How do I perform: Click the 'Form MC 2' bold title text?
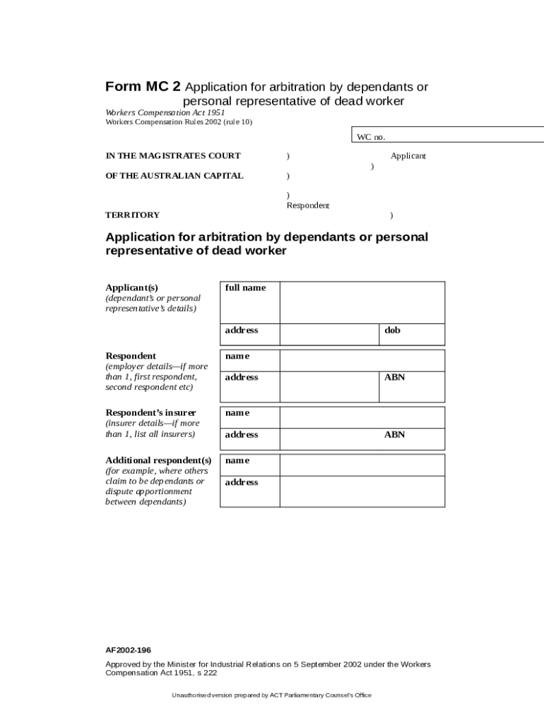(143, 87)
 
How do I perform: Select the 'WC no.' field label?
(371, 137)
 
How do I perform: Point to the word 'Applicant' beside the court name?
(408, 156)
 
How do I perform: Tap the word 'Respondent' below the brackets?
(307, 205)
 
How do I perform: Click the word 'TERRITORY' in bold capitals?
(132, 215)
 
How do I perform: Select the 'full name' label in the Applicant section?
(245, 288)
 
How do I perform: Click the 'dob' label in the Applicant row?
(392, 330)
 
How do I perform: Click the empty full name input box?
(362, 302)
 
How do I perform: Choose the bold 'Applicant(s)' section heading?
(131, 287)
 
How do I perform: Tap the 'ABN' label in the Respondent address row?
(394, 377)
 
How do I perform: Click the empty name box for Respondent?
(362, 360)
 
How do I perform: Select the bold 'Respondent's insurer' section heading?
(151, 412)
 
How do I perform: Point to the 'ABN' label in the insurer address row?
(394, 434)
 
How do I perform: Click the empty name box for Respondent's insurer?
(362, 417)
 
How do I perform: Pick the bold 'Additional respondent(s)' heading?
(158, 460)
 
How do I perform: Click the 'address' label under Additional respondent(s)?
(242, 482)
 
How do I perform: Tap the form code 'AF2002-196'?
(128, 650)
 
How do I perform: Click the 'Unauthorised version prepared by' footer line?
(271, 695)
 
